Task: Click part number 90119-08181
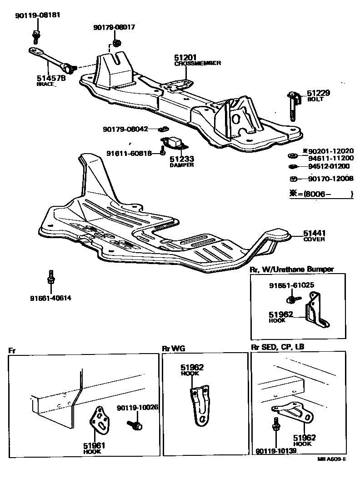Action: (37, 15)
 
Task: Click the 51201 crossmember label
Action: (185, 58)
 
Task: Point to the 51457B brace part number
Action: (51, 78)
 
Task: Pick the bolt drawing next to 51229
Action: (292, 105)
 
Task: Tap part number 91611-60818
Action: (129, 153)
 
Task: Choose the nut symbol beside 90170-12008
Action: (293, 179)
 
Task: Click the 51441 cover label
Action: (315, 234)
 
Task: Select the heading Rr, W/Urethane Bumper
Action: (292, 269)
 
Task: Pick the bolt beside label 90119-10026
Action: (136, 425)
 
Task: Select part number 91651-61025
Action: (291, 285)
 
